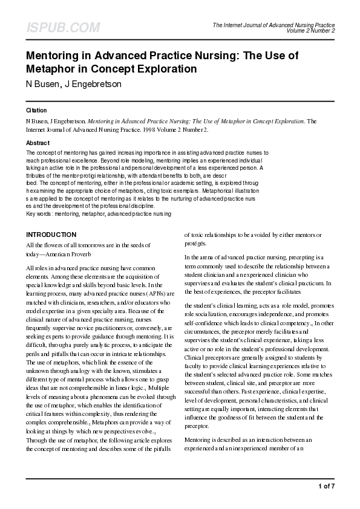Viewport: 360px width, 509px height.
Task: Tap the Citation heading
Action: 37,111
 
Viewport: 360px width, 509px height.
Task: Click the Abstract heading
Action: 38,143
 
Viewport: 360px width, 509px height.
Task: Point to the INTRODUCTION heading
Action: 51,235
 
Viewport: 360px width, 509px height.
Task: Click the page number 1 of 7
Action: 326,486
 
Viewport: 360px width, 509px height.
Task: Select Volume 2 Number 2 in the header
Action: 311,30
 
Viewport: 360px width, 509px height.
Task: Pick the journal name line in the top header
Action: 273,25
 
